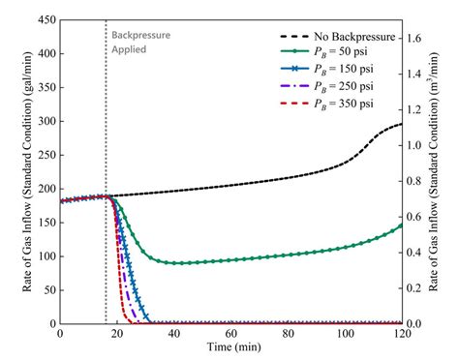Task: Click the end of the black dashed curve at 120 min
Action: tap(401, 124)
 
